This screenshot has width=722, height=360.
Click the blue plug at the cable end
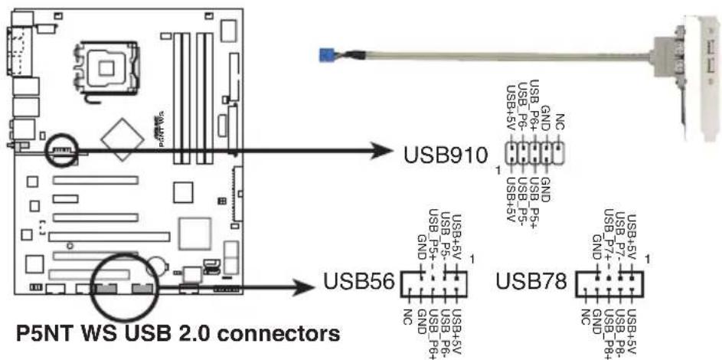(332, 54)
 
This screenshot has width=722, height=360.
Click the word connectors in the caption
(286, 335)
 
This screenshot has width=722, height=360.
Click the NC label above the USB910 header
(560, 123)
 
